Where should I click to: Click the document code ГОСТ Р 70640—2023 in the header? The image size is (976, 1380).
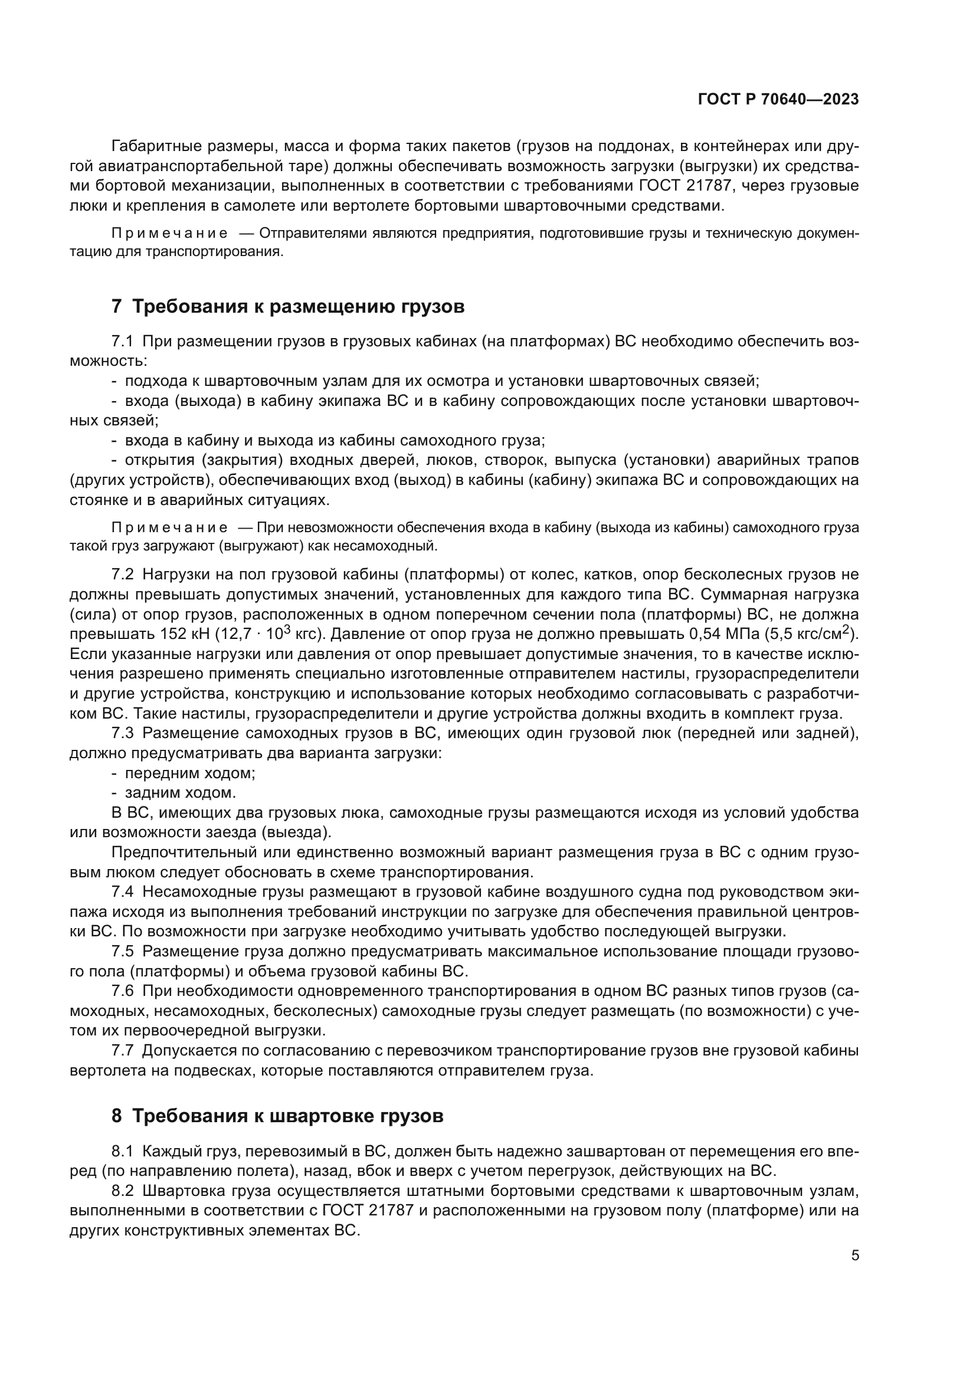point(778,100)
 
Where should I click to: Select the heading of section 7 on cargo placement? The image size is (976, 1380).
point(288,307)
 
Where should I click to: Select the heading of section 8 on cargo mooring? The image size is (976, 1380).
point(278,1116)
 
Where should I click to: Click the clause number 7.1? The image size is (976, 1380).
point(122,342)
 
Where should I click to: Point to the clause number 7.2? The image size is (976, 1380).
point(122,574)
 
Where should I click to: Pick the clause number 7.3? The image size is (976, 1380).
point(122,733)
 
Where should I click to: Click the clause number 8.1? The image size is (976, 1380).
point(122,1152)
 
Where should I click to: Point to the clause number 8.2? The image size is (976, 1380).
point(122,1191)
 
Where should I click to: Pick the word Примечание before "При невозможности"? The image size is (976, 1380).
point(169,527)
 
